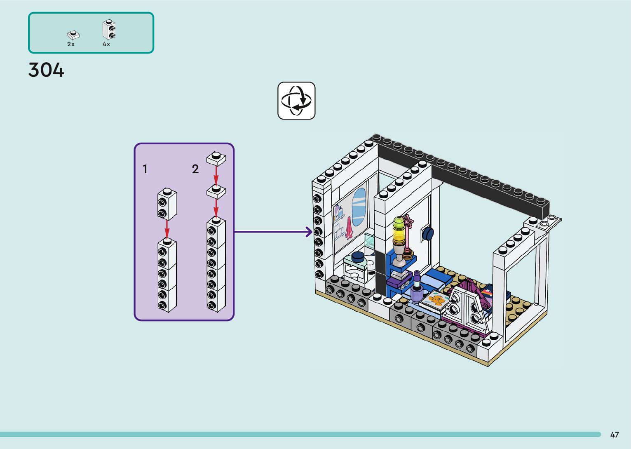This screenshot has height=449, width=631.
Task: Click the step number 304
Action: tap(46, 70)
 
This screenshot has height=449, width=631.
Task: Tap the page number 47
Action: tap(615, 435)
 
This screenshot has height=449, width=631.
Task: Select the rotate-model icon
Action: tap(296, 101)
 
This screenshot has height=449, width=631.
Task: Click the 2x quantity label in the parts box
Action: tap(71, 44)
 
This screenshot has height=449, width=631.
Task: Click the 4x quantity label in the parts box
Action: tap(106, 44)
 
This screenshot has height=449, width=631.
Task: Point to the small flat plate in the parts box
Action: tap(73, 35)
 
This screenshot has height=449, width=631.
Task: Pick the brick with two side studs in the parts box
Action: tap(109, 29)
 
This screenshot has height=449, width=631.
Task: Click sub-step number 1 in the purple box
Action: tap(145, 169)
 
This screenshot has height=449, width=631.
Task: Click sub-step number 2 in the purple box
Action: tap(195, 169)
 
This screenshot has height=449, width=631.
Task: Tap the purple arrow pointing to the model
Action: tap(273, 232)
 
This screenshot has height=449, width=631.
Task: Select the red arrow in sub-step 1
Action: tap(167, 229)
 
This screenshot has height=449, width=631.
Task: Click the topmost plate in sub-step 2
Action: tap(216, 158)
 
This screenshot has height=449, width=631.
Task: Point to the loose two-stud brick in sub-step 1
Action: tap(167, 204)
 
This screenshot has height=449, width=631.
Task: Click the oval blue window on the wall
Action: tap(359, 207)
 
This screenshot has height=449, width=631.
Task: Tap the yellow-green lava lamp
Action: tap(399, 230)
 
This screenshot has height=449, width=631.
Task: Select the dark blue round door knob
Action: tap(428, 234)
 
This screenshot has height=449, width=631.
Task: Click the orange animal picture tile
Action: tap(435, 301)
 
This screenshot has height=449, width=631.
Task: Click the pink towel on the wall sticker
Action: tap(350, 228)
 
